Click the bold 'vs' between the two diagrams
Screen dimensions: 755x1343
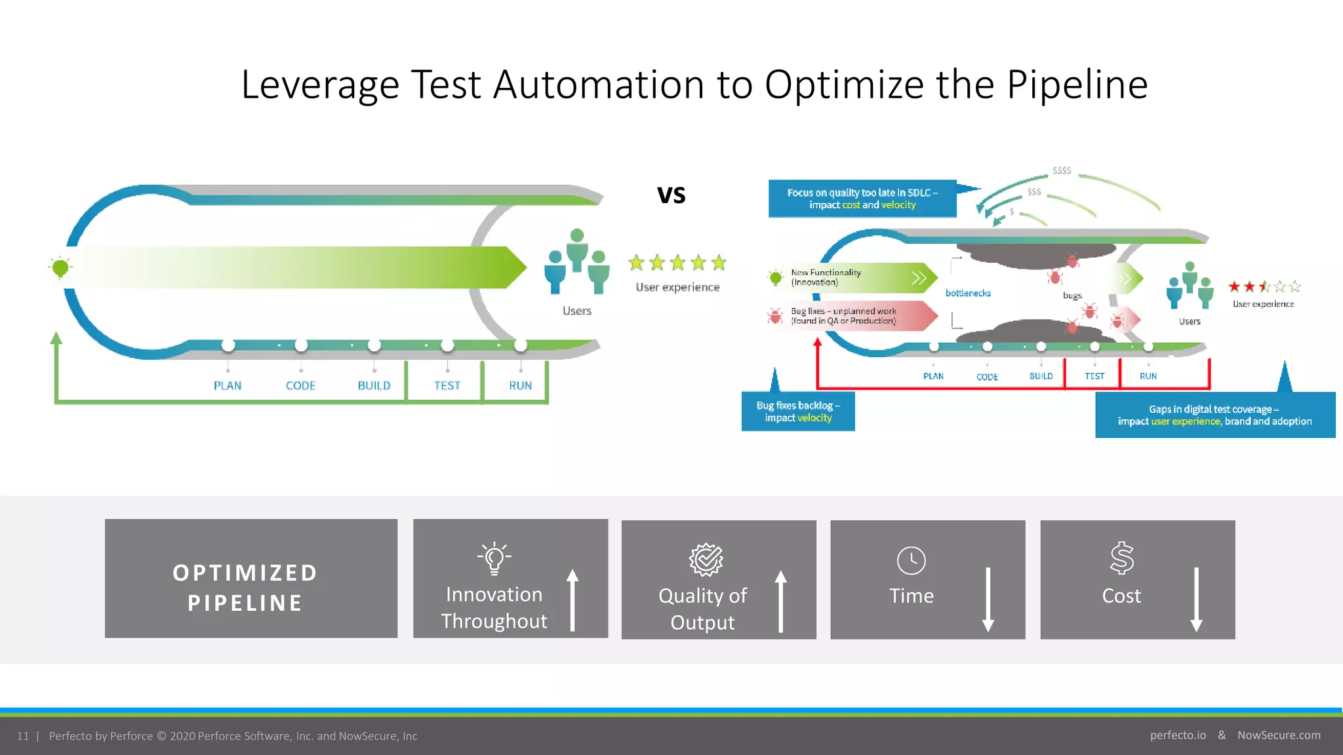[671, 195]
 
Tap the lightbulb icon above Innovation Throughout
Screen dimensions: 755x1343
[494, 558]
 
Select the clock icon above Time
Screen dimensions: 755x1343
[911, 560]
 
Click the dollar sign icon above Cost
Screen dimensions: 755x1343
[1121, 558]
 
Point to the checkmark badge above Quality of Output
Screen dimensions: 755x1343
[706, 560]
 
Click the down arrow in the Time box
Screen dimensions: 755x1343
[988, 599]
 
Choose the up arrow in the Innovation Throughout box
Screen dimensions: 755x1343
[572, 599]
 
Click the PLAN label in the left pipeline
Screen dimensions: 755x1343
[228, 385]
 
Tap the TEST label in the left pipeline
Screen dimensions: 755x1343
[447, 385]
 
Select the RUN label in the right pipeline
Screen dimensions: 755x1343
[1148, 376]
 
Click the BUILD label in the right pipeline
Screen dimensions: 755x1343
[1041, 376]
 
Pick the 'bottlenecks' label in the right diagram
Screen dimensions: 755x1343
[968, 293]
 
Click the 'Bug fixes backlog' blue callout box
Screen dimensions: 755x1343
[798, 412]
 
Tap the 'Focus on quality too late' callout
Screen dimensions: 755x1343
[862, 199]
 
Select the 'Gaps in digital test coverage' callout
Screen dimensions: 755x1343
[1214, 415]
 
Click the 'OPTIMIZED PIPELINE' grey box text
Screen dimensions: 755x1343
[245, 587]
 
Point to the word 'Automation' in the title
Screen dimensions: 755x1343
[599, 85]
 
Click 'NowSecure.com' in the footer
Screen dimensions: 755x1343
[1279, 735]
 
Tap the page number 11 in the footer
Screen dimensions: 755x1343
[23, 736]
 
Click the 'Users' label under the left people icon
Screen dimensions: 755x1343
[577, 311]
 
